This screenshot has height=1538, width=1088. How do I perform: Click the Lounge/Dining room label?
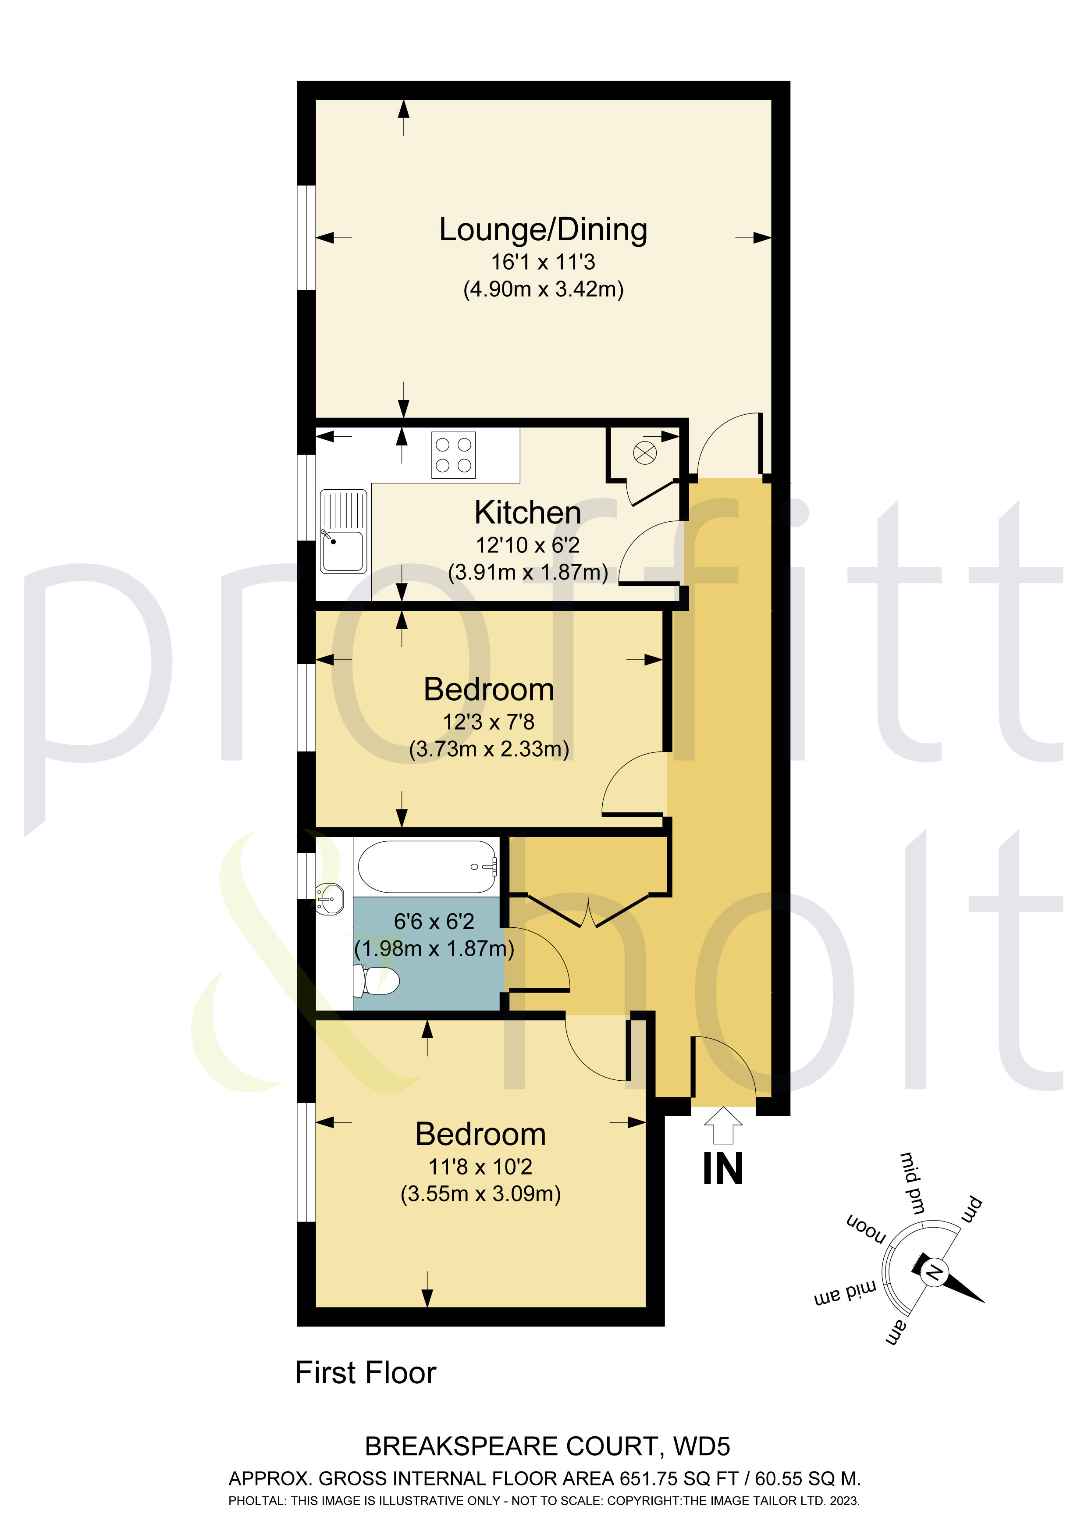(543, 230)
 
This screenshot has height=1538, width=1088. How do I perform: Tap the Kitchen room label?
(528, 513)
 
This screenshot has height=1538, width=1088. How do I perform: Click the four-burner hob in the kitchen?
(454, 455)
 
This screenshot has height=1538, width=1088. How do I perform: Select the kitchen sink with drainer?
(344, 531)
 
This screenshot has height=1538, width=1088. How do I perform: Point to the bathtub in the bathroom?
(427, 867)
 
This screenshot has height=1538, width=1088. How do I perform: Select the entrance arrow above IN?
(724, 1125)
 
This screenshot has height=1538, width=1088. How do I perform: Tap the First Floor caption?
(366, 1373)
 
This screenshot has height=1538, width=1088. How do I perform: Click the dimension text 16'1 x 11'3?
(543, 262)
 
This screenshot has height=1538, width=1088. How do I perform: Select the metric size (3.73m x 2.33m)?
(489, 749)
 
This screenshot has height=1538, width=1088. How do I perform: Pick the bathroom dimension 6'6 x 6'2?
(434, 922)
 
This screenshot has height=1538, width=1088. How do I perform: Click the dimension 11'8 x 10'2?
(480, 1167)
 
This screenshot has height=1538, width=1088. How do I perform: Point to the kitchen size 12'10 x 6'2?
(528, 545)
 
